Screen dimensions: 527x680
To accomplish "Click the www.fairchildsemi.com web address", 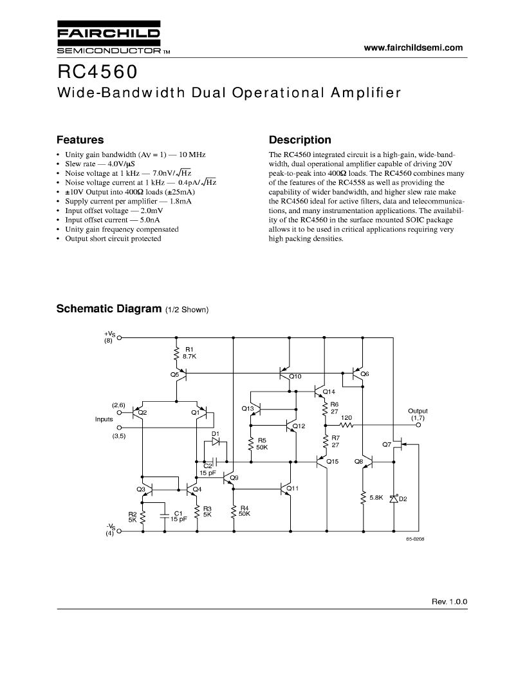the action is [413, 48].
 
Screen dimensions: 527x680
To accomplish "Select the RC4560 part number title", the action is [98, 72].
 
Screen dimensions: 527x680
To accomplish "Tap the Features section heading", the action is [80, 140].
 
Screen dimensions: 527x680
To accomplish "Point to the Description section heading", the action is [300, 140].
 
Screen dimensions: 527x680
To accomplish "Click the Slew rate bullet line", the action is [100, 164].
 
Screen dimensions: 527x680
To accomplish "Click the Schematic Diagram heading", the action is [109, 309].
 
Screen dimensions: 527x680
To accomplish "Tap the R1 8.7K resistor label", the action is [189, 353].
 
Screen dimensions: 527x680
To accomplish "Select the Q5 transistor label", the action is [174, 374].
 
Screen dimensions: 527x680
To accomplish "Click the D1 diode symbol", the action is [216, 442].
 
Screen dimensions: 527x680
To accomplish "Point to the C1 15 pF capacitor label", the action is [178, 516].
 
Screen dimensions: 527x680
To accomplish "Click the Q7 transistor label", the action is [387, 444].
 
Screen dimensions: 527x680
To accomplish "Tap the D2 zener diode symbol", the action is [394, 498].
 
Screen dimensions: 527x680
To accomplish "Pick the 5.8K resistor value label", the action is [376, 497].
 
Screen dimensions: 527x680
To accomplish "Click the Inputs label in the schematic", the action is [104, 419].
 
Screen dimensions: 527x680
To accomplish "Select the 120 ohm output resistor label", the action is [346, 418].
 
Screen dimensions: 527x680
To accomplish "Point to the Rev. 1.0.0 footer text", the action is [449, 601].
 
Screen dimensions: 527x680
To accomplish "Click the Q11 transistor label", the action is [293, 488].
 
